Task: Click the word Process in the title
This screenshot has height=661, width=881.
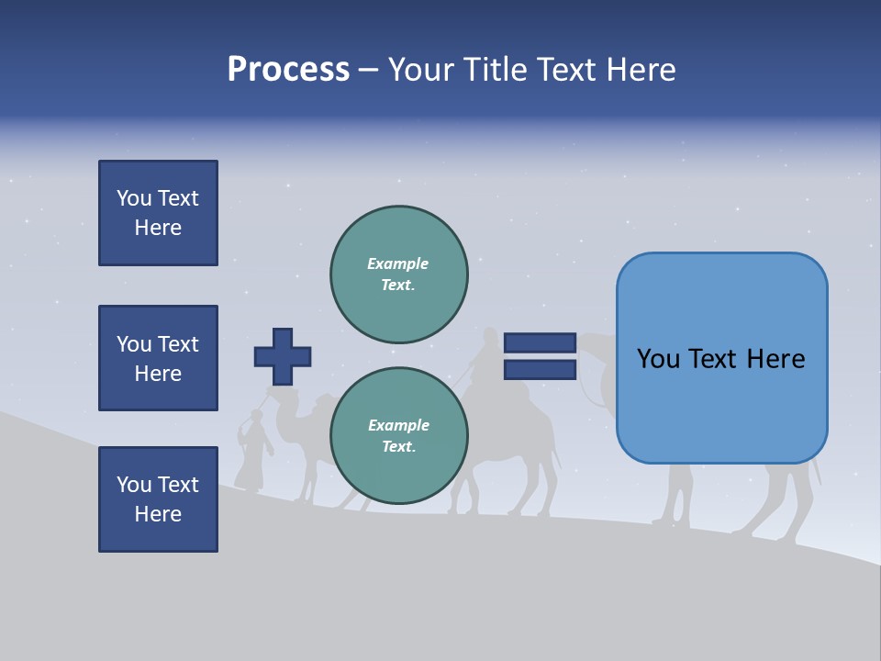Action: (x=288, y=70)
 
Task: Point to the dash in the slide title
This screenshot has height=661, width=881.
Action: (x=369, y=71)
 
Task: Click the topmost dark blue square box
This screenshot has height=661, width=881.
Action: (x=158, y=213)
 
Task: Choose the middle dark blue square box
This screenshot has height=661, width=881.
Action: (x=158, y=358)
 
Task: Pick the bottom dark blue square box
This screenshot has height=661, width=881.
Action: (x=158, y=499)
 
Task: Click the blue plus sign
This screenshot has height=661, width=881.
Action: (x=283, y=356)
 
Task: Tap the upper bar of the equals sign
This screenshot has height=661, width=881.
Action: (x=540, y=342)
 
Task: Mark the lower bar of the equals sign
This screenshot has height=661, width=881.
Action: (x=540, y=369)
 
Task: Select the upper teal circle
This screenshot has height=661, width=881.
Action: (x=398, y=274)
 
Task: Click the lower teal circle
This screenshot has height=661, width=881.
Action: (x=398, y=436)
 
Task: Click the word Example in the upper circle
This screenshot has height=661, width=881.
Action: (x=397, y=263)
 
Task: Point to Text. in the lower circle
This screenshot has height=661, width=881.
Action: (x=398, y=447)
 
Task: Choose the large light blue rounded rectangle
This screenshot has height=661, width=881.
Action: (x=721, y=358)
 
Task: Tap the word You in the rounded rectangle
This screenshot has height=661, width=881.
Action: (x=658, y=359)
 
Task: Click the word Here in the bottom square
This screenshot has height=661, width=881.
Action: (x=158, y=514)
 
